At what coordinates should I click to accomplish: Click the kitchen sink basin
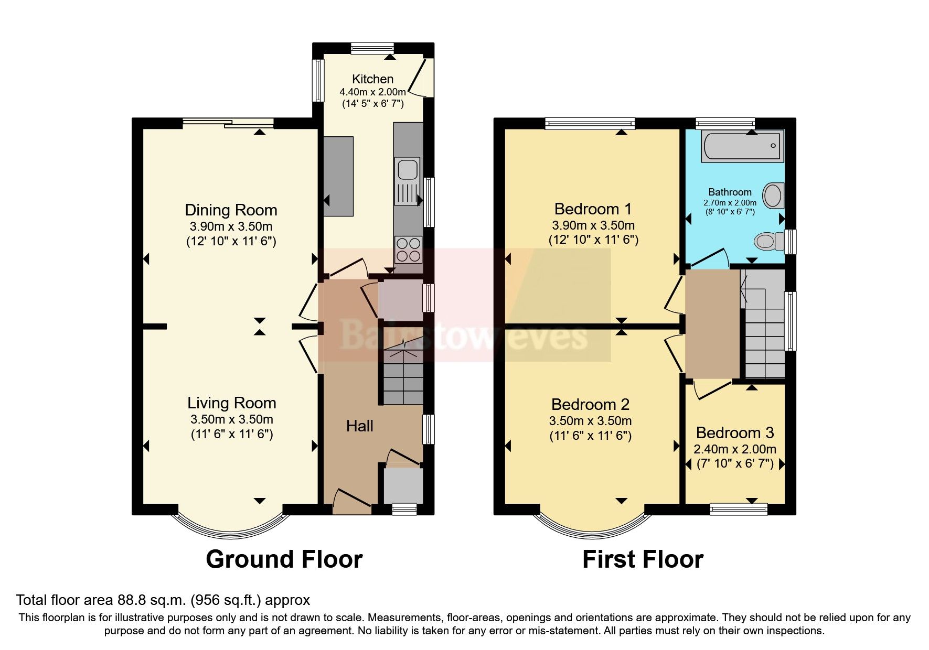tap(407, 170)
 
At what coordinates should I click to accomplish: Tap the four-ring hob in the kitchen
tap(408, 250)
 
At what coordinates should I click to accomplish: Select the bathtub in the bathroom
tap(742, 147)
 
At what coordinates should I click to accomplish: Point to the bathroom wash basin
tap(773, 196)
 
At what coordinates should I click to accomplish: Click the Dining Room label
tap(231, 210)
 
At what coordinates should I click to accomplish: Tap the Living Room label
tap(232, 403)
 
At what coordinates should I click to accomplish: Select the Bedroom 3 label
tap(734, 433)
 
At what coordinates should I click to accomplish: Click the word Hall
tap(359, 426)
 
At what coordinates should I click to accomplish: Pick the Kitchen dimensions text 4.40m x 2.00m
tap(372, 92)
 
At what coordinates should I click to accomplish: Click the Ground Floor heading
tap(284, 559)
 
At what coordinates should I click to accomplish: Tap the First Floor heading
tap(643, 559)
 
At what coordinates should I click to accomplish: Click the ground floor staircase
tap(402, 377)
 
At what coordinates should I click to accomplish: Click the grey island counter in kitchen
tap(338, 176)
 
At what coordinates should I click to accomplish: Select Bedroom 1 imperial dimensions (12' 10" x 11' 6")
tap(593, 240)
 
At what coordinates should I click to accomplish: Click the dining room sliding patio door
tap(228, 124)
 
